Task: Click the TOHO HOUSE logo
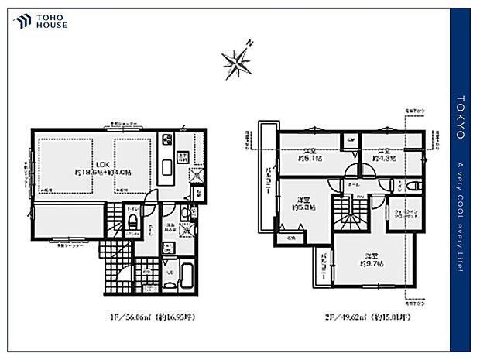pyautogui.click(x=41, y=21)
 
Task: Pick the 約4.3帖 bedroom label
pyautogui.click(x=384, y=155)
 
